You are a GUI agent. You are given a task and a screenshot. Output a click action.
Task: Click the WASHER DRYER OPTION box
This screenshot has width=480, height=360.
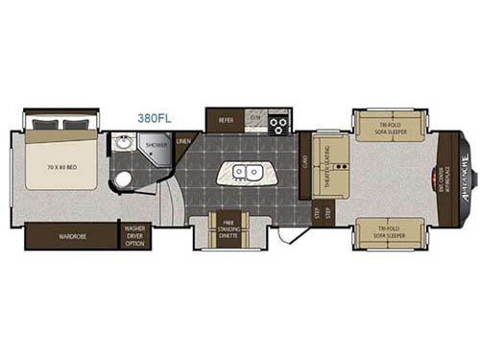[x=134, y=236]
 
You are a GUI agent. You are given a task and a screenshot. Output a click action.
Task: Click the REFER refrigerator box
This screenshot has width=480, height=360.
[x=227, y=120]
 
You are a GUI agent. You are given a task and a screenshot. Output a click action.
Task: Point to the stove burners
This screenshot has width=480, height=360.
[x=279, y=122]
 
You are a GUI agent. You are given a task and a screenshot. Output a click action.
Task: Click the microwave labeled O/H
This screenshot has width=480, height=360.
[x=255, y=118]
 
